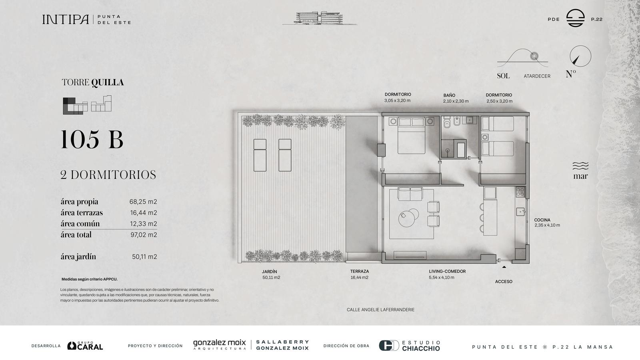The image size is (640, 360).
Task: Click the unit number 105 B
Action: [92, 140]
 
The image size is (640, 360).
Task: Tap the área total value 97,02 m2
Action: [144, 235]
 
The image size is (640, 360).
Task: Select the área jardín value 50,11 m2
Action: [144, 257]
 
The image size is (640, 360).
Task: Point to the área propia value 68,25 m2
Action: [143, 202]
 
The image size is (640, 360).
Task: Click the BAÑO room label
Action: [450, 96]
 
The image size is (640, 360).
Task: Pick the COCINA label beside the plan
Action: [542, 220]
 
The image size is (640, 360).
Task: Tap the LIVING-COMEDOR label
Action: [447, 272]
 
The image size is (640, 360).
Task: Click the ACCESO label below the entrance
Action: [504, 282]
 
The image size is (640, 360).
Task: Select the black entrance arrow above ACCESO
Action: [504, 267]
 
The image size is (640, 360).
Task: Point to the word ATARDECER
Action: [537, 76]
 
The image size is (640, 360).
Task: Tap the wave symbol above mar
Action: [580, 166]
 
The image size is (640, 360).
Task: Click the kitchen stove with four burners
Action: [520, 192]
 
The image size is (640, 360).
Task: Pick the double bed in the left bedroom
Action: [412, 136]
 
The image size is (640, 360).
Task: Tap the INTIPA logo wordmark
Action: [66, 20]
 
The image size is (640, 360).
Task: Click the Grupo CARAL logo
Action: [85, 346]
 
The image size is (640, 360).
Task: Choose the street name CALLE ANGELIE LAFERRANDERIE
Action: [380, 310]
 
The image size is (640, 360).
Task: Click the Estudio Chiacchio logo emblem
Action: [389, 346]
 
